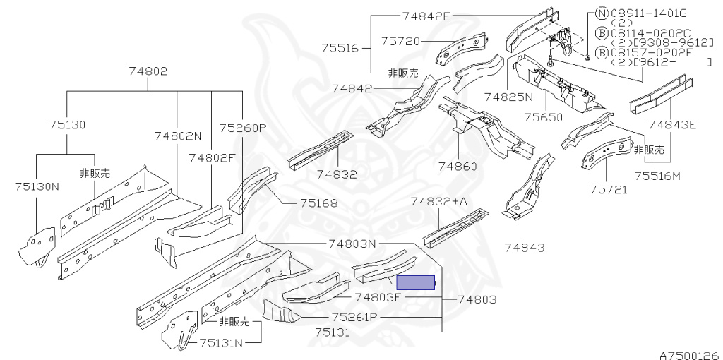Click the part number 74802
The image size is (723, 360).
pos(148,71)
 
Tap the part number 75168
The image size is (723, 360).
pos(318,203)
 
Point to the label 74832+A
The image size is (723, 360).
pos(439,202)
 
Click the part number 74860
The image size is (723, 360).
pos(457,167)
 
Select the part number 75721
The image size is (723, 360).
pos(609,189)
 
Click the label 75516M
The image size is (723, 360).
pos(657,176)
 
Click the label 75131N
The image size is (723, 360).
pos(221,343)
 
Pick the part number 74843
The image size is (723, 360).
pos(525,247)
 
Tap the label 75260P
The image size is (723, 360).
pos(242,128)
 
